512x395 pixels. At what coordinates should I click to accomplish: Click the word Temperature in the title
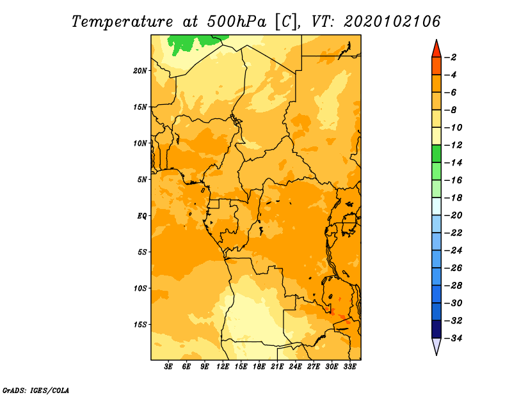tap(122, 22)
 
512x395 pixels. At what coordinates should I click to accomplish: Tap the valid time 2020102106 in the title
tap(392, 22)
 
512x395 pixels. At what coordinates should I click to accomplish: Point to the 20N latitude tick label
tap(140, 71)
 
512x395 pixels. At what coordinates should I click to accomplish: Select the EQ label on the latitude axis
tap(141, 216)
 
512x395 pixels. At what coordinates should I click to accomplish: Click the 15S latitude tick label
tap(140, 325)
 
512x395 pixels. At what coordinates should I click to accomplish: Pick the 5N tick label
tap(142, 180)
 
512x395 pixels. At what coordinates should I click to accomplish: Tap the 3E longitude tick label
tap(168, 367)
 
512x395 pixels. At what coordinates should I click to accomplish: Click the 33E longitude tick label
tap(349, 367)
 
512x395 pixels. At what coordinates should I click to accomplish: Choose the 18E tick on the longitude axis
tap(259, 367)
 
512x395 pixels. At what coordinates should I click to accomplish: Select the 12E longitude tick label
tap(223, 367)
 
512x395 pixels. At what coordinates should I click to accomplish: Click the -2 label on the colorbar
tap(451, 58)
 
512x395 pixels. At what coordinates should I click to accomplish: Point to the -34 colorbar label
tap(453, 338)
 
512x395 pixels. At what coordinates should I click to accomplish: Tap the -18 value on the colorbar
tap(453, 198)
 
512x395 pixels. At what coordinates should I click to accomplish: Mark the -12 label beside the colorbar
tap(453, 145)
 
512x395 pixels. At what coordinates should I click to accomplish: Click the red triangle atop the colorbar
tap(436, 49)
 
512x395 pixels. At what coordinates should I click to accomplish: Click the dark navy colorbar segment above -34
tap(436, 329)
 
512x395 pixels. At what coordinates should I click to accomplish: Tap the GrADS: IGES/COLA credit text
tap(36, 391)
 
